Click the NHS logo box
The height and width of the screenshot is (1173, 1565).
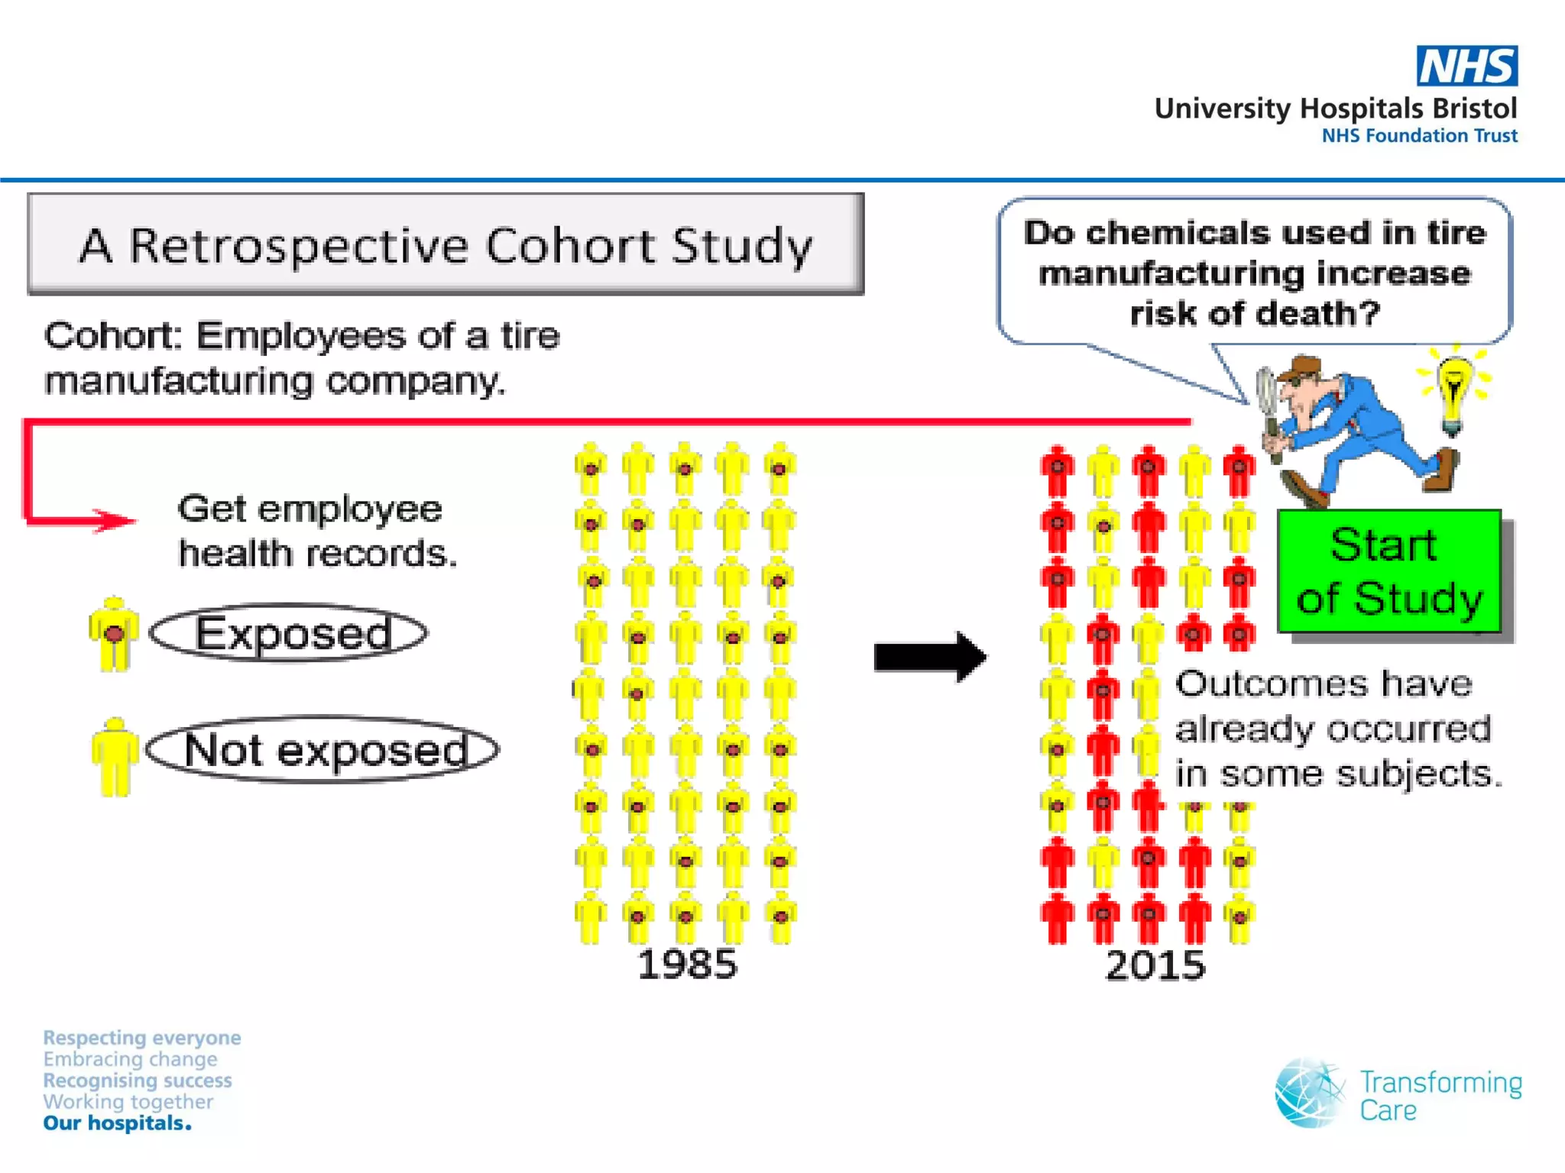(x=1466, y=66)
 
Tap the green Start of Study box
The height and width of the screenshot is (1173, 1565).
(x=1388, y=571)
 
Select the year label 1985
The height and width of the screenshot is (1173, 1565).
(x=687, y=965)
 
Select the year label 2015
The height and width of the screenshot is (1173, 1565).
(x=1155, y=965)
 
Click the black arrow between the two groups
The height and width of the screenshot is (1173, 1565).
(x=929, y=657)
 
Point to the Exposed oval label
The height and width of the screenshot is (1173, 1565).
(x=289, y=633)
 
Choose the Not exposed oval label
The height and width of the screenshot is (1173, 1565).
(x=323, y=749)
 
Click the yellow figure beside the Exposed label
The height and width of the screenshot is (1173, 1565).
(x=114, y=635)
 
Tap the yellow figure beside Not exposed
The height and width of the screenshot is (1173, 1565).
(x=115, y=756)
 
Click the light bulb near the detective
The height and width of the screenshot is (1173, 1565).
(x=1453, y=389)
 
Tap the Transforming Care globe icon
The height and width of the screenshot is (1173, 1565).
(x=1309, y=1093)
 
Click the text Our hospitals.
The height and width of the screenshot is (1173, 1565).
(x=117, y=1123)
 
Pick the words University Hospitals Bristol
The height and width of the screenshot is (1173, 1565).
(x=1335, y=108)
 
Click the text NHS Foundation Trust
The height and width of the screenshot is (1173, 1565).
(x=1419, y=136)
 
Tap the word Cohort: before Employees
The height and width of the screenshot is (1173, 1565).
(x=112, y=336)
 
